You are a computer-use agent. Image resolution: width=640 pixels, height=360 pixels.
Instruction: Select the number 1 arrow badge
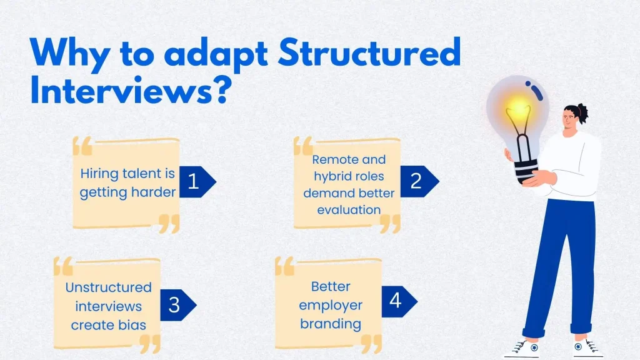click(196, 181)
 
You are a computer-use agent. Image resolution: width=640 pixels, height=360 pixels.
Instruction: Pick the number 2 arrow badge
click(418, 181)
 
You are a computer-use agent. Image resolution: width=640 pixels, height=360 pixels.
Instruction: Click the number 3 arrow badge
click(176, 305)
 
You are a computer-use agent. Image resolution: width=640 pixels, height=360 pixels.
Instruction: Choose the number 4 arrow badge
click(397, 301)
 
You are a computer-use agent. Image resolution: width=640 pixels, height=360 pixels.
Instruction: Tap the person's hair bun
click(582, 112)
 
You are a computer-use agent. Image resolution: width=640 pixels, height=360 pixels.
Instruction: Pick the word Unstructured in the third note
click(109, 287)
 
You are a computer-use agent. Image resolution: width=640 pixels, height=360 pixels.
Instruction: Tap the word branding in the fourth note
click(331, 324)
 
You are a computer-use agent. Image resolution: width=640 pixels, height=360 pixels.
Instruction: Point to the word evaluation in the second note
click(349, 209)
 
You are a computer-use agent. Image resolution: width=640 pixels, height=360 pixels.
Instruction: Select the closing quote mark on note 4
click(371, 342)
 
